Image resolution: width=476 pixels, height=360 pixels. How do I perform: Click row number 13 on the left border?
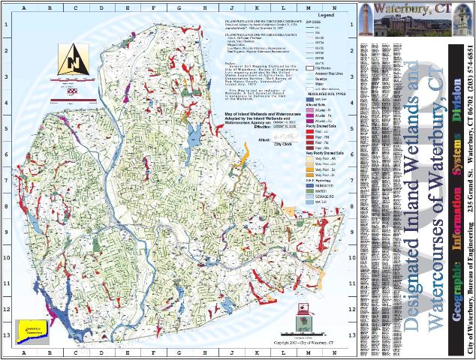click(x=8, y=336)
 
